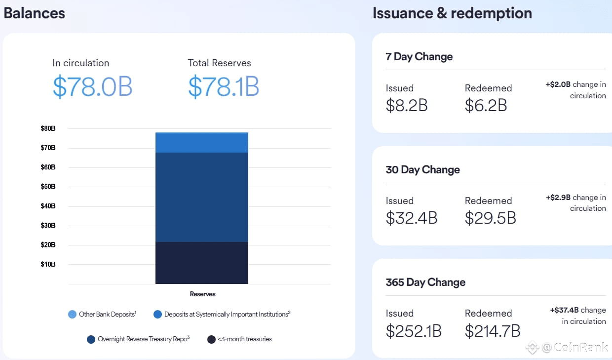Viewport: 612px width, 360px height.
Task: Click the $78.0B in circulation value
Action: click(92, 87)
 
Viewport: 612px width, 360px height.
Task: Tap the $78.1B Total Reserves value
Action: click(224, 87)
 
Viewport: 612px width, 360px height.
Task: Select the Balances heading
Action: click(35, 13)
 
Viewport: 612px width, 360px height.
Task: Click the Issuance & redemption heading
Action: click(452, 13)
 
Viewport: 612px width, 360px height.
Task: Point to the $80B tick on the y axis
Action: click(48, 128)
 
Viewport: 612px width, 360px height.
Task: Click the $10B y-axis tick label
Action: click(48, 264)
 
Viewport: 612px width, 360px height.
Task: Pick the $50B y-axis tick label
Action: click(48, 187)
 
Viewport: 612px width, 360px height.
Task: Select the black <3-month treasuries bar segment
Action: click(201, 263)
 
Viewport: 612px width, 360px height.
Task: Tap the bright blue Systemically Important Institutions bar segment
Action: click(201, 143)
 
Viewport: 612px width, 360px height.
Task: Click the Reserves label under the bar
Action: click(202, 294)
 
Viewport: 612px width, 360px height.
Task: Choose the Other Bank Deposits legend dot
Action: click(72, 314)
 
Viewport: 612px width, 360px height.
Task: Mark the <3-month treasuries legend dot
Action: click(211, 339)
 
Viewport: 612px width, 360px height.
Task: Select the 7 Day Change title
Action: click(419, 57)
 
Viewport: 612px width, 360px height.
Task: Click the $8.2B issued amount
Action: click(406, 105)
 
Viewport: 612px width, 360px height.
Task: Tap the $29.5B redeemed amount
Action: click(490, 218)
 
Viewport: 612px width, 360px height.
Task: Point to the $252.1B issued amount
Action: click(414, 331)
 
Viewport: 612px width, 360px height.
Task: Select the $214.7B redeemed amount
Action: click(492, 331)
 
